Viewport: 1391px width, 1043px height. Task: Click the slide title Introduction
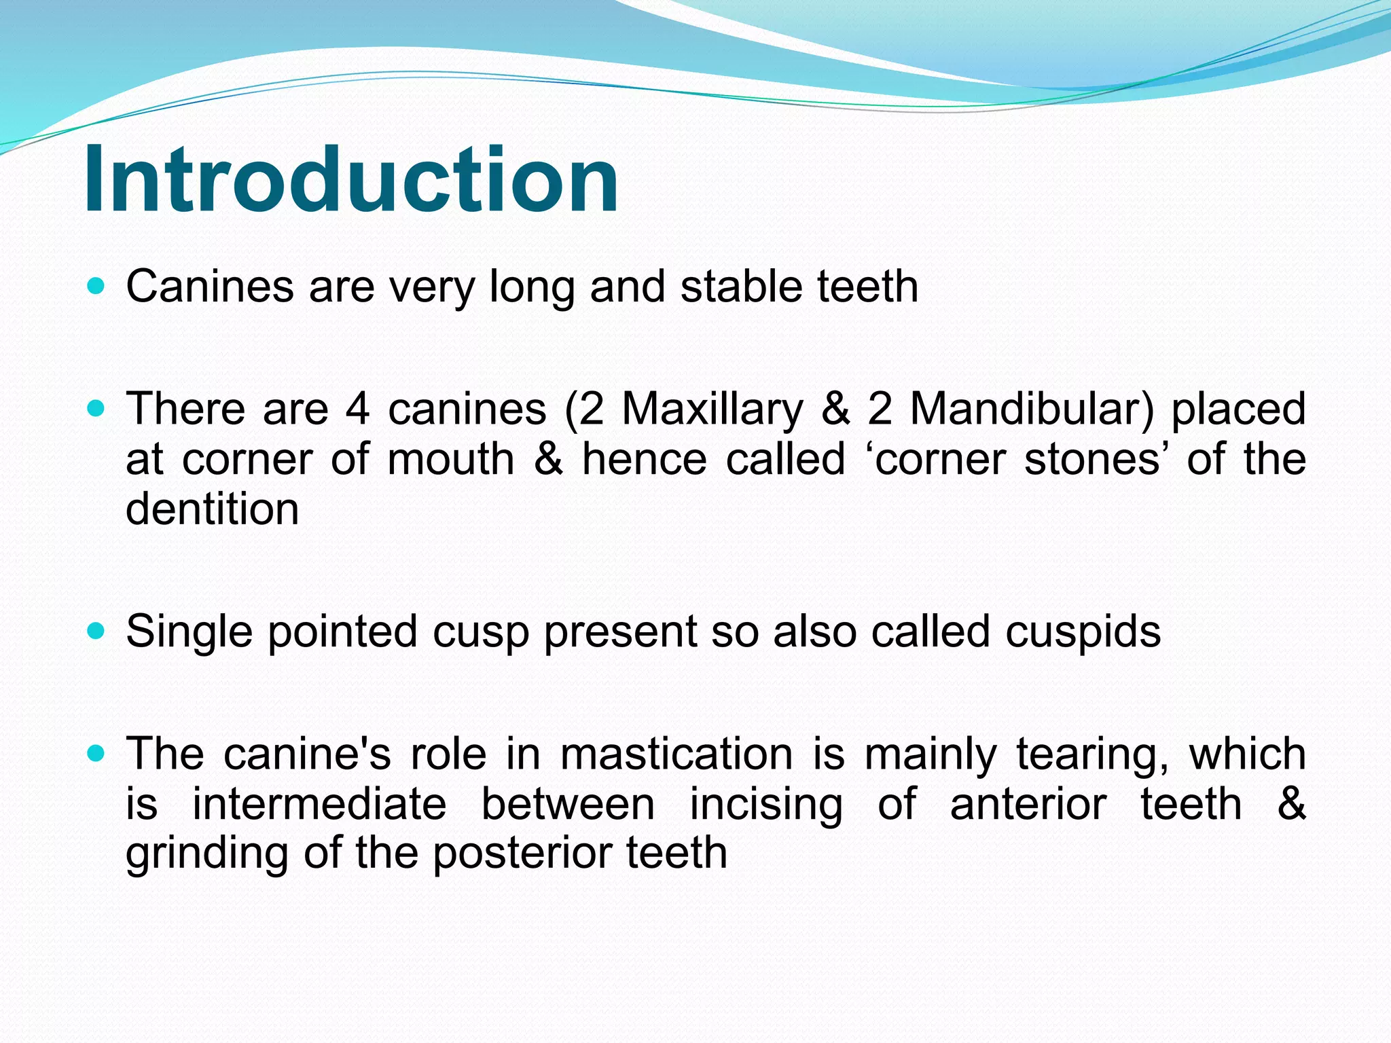click(x=350, y=179)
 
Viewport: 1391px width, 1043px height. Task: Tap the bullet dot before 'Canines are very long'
click(x=97, y=287)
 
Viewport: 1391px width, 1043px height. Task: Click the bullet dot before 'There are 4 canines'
click(x=97, y=409)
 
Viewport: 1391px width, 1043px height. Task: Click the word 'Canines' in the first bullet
click(x=209, y=287)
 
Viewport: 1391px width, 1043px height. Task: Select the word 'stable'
click(x=742, y=287)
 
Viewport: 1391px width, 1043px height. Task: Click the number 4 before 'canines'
click(x=357, y=409)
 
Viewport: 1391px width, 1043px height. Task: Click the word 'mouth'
click(x=451, y=460)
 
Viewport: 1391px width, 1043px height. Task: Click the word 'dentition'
click(x=212, y=509)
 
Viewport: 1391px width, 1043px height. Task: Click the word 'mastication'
click(x=676, y=754)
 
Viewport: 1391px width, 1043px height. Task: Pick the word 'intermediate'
click(x=319, y=804)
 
